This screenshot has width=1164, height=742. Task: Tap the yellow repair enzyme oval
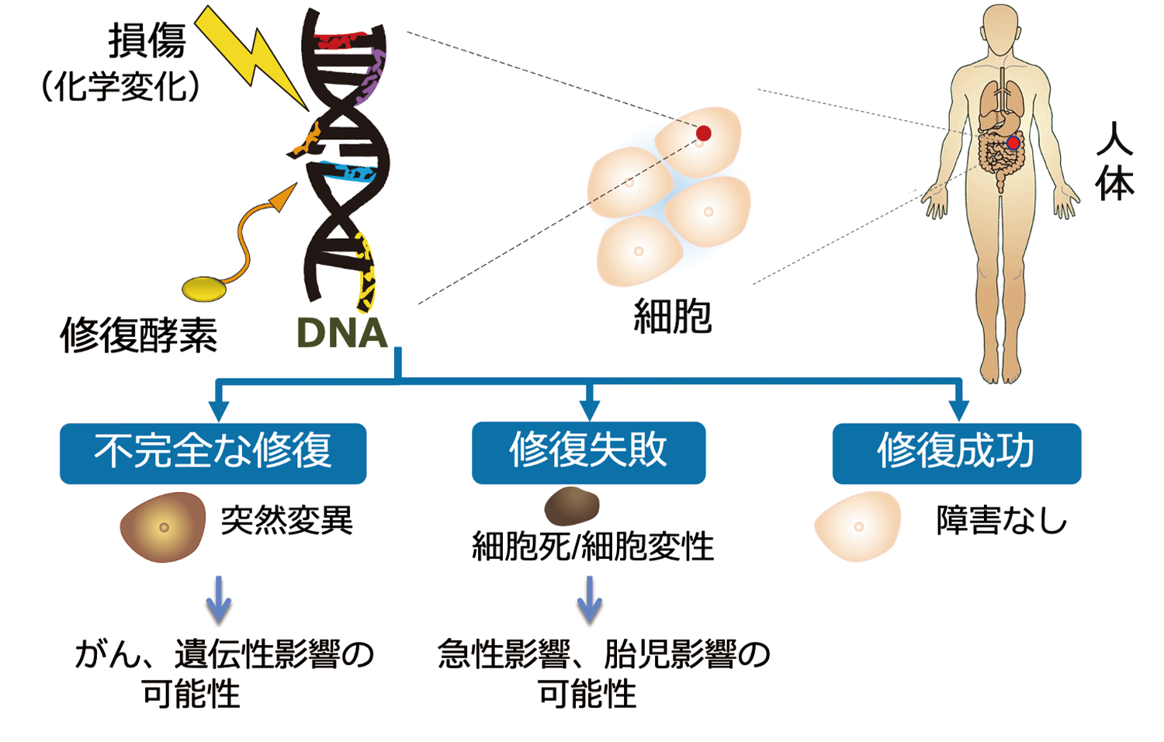coord(205,289)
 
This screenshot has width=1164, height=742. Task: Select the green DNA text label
coord(341,333)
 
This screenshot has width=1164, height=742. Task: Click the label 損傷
coord(147,40)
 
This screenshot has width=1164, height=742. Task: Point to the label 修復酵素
coord(139,335)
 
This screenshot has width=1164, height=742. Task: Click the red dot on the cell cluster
coord(703,133)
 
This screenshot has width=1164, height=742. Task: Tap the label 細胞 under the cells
coord(672,316)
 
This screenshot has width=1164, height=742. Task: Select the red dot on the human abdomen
coord(1013,144)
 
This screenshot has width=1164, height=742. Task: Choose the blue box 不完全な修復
coord(213,452)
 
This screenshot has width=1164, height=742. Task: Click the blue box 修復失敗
coord(588,452)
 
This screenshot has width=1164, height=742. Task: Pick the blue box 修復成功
coord(956,452)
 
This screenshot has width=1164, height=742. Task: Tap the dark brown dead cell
coord(572,506)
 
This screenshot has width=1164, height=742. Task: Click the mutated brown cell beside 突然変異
coord(163,527)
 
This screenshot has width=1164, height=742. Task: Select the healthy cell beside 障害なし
coord(857,526)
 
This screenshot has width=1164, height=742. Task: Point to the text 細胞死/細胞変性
coord(593,546)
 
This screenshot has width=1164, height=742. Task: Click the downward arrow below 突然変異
coord(219,598)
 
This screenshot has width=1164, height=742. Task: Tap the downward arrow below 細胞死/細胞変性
coord(590,598)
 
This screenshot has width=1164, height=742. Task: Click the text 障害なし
coord(1002,521)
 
